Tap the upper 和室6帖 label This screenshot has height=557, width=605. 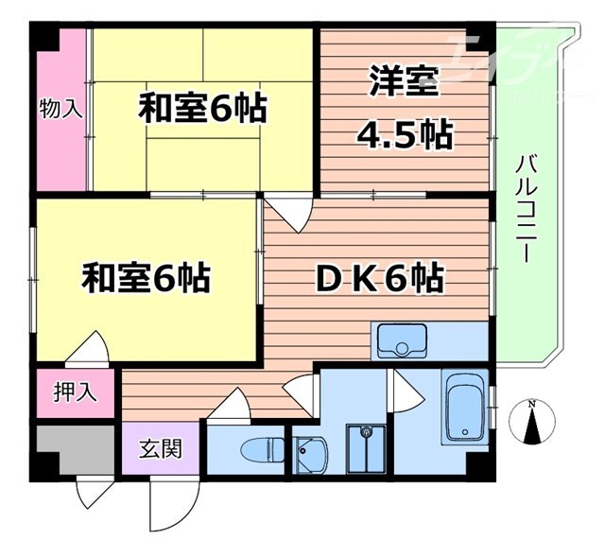(202, 109)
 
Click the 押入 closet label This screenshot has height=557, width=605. (76, 391)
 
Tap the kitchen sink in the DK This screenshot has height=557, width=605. (401, 339)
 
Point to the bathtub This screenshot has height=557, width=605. (464, 406)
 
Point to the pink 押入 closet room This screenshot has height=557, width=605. (76, 392)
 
